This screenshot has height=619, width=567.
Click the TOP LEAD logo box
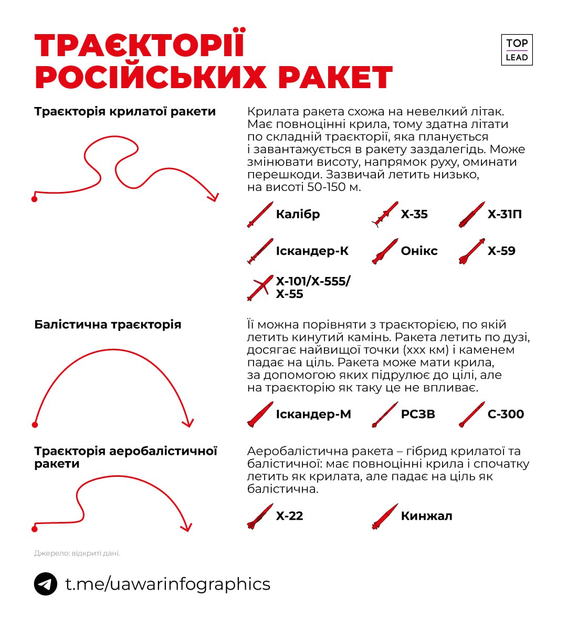coord(517,50)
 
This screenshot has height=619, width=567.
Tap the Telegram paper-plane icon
coord(46,584)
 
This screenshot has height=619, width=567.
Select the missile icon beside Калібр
coord(260,215)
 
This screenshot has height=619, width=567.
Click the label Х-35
coord(414,214)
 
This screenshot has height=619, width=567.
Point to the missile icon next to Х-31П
coord(471,215)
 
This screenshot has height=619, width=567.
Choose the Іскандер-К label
coord(312,251)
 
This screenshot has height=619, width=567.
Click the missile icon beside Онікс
coord(385,251)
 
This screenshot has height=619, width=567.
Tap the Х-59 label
coord(501,251)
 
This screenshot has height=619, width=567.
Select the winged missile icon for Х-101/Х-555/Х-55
coord(260,287)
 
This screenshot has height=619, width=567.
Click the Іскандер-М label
coord(313,414)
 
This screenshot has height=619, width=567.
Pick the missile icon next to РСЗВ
coord(385,414)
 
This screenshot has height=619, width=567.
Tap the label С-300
coord(506,414)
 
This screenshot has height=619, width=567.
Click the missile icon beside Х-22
coord(260,516)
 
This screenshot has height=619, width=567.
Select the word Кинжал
coord(426,516)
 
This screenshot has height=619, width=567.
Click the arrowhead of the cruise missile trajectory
coord(213,197)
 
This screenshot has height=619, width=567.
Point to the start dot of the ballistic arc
coord(35,424)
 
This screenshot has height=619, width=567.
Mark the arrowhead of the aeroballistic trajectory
coord(185,527)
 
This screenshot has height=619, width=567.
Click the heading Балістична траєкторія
coord(108,324)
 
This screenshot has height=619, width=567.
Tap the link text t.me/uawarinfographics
coord(167,584)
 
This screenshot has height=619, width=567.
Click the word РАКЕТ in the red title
coord(335,77)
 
